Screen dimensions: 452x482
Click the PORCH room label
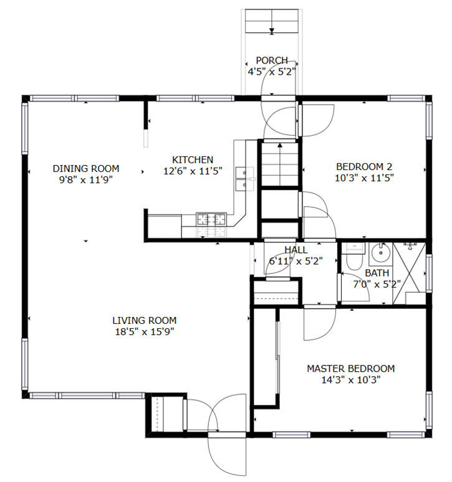pos(272,60)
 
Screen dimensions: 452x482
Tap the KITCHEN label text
pos(193,160)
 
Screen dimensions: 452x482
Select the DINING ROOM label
pos(86,169)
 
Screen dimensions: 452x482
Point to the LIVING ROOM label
pos(144,321)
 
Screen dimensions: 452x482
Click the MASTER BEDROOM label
pos(351,369)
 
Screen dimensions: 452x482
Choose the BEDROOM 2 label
pos(364,167)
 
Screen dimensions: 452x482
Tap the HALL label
pos(296,250)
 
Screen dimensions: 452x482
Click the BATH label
pos(377,273)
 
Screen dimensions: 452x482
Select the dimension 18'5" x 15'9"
pos(145,332)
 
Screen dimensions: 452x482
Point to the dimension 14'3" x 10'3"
pos(351,380)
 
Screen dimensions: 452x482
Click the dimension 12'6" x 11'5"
pos(193,171)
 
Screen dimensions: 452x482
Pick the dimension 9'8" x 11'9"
pos(86,180)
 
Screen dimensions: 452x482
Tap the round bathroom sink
pos(381,253)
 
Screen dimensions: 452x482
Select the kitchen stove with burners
pos(211,219)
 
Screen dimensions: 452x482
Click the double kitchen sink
pos(245,179)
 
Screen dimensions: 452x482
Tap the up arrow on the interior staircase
pos(280,164)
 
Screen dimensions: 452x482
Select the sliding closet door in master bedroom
pos(278,357)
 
